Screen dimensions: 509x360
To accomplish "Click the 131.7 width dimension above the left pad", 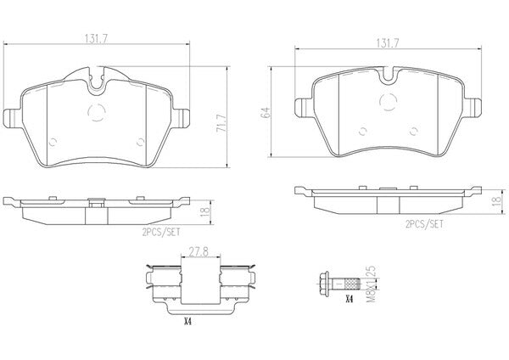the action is tap(96, 39).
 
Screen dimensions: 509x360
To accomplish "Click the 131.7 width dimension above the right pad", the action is tap(388, 43).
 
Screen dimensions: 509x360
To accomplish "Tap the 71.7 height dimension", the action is tap(222, 122).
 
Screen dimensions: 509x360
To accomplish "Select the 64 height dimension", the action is tap(266, 112).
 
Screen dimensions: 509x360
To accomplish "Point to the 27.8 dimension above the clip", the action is tap(199, 252).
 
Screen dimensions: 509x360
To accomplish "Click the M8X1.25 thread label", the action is tap(371, 284).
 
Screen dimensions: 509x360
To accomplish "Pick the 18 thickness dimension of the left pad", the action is tap(205, 212).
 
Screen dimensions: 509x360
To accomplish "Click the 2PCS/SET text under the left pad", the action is tap(161, 233).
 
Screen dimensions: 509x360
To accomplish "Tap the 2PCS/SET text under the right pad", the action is tap(424, 224).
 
